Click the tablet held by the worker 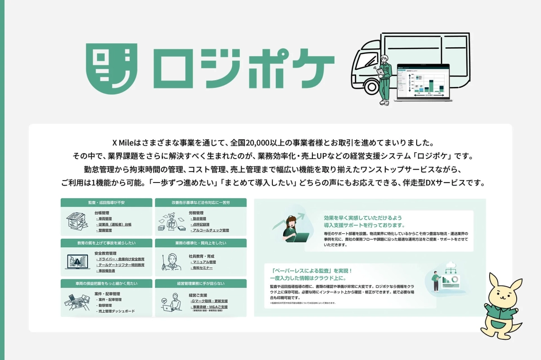pos(381,72)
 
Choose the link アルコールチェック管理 pos(211,230)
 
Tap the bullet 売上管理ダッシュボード pos(117,311)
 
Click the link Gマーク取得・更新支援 pos(210,301)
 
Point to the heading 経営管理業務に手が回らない pos(201,283)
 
